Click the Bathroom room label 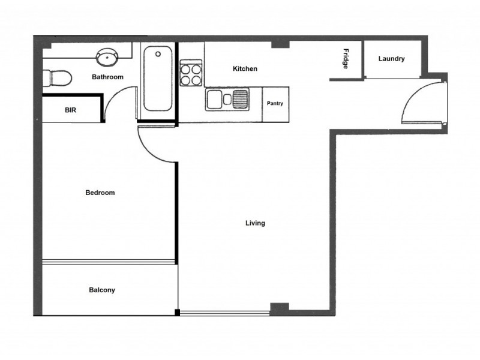tap(107, 77)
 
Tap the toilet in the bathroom tap(58, 77)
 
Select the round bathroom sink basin tap(108, 58)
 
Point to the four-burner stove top tap(191, 73)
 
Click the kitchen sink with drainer tap(227, 99)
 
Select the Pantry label tap(275, 103)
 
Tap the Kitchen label tap(245, 69)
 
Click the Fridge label tap(346, 59)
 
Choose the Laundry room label tap(391, 59)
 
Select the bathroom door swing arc tap(118, 102)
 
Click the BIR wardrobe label tap(70, 110)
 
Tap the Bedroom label tap(100, 193)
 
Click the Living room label tap(255, 223)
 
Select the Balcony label tap(102, 290)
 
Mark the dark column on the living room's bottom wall tap(279, 308)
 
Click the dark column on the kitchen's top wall tap(280, 44)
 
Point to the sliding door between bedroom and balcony tap(109, 261)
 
